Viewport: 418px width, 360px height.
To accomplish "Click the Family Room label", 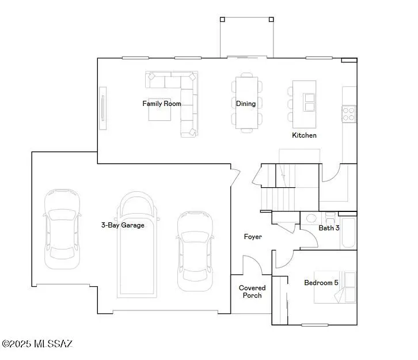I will click(x=162, y=104).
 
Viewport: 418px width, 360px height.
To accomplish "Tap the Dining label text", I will click(x=246, y=104).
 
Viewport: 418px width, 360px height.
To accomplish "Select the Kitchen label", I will click(x=304, y=135).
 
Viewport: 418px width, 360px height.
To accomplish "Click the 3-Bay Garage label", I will click(x=123, y=225).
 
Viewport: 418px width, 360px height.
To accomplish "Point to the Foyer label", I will click(x=253, y=237).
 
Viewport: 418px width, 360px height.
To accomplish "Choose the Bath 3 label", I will click(x=329, y=228).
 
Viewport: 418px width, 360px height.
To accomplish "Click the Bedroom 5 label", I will click(x=321, y=283).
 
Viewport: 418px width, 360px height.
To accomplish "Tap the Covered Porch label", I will click(x=252, y=291).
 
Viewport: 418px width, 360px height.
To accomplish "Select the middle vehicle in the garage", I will click(x=137, y=245).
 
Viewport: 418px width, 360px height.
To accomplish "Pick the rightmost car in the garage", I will click(x=194, y=251).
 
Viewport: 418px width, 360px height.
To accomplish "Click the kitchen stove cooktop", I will click(x=349, y=113).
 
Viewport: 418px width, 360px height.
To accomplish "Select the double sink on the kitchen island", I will click(x=310, y=101).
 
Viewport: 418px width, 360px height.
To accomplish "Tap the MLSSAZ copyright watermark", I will click(x=37, y=344).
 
